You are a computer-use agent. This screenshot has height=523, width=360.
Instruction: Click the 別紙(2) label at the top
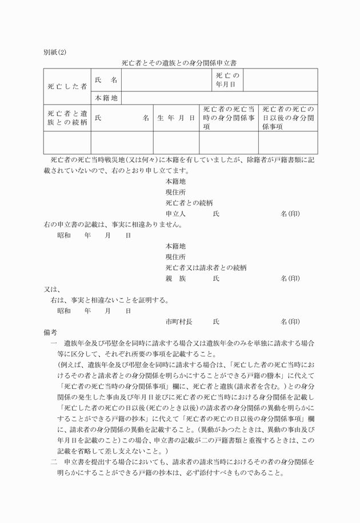54,53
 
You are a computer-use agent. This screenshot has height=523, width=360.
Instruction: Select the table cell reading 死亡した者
67,86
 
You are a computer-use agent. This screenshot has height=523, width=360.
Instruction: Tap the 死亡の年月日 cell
227,80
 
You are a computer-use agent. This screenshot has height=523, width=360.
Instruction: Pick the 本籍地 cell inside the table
106,98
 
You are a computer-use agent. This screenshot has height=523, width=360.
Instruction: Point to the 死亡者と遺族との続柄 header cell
67,118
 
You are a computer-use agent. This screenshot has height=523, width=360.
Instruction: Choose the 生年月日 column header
175,118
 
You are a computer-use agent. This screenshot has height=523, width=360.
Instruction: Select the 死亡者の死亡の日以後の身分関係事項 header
289,118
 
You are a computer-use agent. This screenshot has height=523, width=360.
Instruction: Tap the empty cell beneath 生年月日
175,143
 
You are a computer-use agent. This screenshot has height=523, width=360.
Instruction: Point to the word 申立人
176,214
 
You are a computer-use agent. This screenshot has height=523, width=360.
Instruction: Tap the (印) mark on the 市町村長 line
290,322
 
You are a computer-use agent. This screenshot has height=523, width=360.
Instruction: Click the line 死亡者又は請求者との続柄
206,268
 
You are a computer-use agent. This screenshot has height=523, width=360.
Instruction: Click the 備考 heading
50,333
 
